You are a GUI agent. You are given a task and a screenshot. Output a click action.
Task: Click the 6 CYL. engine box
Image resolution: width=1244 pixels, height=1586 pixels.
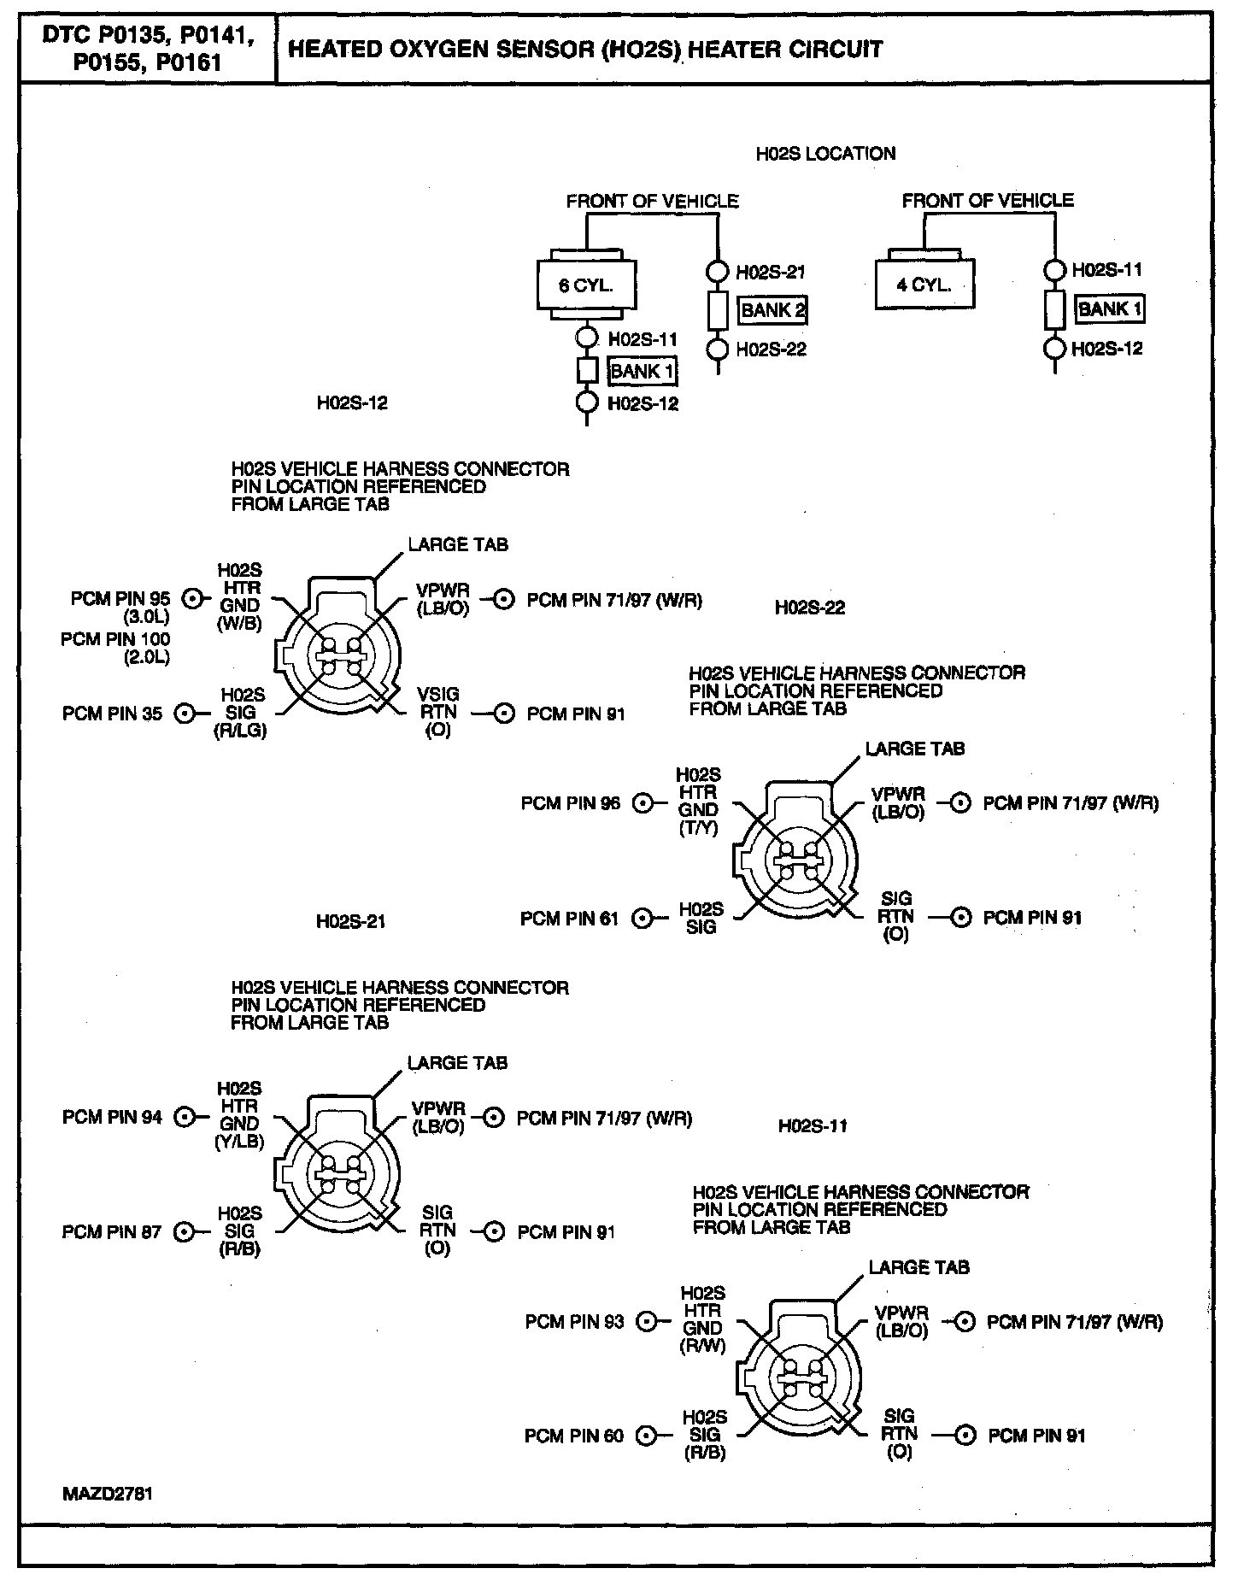click(x=586, y=286)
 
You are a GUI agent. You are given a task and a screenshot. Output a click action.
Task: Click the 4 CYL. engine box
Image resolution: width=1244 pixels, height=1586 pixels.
click(x=924, y=285)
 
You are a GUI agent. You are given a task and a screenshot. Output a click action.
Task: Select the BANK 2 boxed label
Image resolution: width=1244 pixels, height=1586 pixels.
click(x=773, y=310)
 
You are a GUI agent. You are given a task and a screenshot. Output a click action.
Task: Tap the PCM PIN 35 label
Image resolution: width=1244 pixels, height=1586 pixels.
click(x=112, y=714)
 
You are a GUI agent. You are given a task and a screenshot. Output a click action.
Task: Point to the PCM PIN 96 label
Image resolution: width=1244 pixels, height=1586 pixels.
click(x=571, y=804)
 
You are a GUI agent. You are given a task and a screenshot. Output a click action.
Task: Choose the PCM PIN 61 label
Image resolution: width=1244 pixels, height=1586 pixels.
click(x=569, y=919)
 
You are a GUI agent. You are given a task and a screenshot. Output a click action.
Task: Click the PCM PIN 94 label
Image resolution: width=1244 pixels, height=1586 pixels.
click(x=112, y=1117)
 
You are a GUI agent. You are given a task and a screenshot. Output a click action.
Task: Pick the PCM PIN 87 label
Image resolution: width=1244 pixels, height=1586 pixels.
click(x=112, y=1232)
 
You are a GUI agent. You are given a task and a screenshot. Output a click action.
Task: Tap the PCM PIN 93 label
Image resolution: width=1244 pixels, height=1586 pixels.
click(x=575, y=1322)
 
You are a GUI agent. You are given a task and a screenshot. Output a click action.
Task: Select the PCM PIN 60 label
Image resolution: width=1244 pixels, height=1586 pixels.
click(x=574, y=1436)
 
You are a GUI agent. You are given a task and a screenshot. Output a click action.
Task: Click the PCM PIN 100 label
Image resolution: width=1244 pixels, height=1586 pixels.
click(x=115, y=639)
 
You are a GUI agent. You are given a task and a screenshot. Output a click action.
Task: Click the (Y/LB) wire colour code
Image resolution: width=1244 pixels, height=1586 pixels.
click(x=239, y=1142)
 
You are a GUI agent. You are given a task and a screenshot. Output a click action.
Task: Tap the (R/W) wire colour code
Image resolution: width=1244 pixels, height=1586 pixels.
click(x=702, y=1347)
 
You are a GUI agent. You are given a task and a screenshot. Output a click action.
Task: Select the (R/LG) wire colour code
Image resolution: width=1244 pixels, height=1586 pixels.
click(x=241, y=731)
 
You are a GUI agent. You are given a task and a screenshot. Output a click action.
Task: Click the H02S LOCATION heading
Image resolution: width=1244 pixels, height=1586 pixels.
click(x=825, y=154)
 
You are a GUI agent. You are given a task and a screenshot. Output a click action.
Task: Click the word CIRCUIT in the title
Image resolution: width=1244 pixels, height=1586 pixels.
click(x=837, y=50)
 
